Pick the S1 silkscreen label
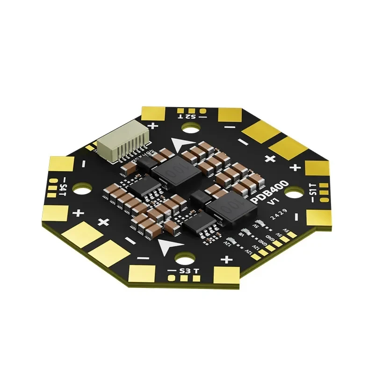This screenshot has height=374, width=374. [313, 190]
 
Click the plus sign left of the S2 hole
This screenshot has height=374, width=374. [153, 125]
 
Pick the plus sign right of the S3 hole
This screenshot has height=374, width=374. [227, 259]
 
